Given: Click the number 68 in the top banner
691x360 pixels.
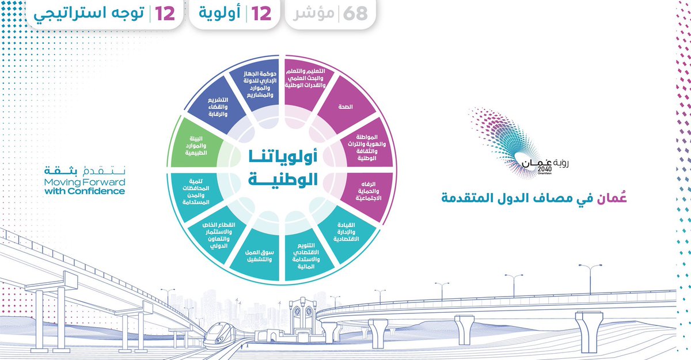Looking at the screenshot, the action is [355, 14].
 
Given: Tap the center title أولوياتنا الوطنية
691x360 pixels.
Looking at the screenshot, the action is [286, 167].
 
